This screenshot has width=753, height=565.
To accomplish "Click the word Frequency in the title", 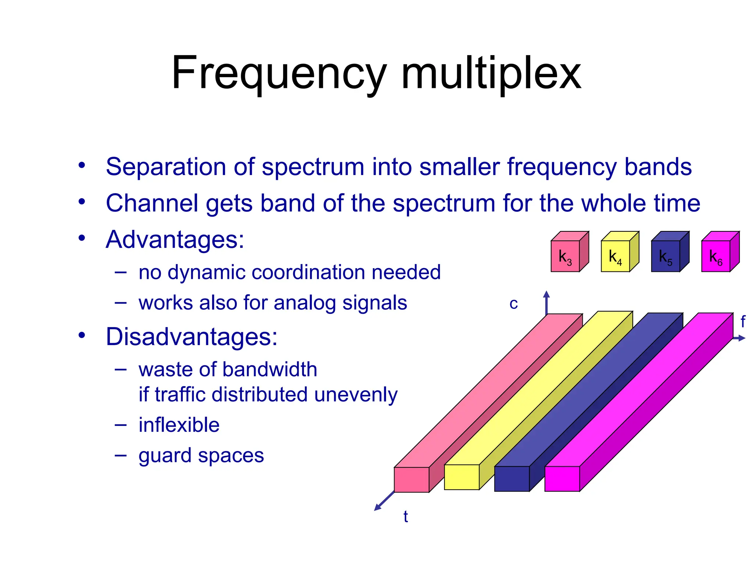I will pyautogui.click(x=279, y=74).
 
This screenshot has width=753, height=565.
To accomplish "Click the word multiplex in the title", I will pyautogui.click(x=491, y=74).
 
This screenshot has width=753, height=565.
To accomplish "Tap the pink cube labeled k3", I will pyautogui.click(x=565, y=256).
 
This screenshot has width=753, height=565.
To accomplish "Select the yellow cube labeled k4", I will pyautogui.click(x=615, y=256).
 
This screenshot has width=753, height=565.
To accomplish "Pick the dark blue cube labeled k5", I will pyautogui.click(x=665, y=256).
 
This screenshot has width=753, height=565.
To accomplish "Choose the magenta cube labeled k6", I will pyautogui.click(x=716, y=256).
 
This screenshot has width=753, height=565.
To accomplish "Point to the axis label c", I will pyautogui.click(x=514, y=304).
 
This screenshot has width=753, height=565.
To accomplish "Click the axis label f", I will pyautogui.click(x=743, y=322).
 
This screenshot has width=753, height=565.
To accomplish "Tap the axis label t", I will pyautogui.click(x=406, y=516).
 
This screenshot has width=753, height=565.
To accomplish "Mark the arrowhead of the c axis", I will pyautogui.click(x=546, y=294).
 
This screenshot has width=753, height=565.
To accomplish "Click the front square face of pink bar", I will pyautogui.click(x=411, y=480).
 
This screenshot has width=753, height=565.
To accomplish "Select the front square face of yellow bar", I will pyautogui.click(x=462, y=477).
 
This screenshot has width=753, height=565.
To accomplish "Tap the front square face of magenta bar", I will pyautogui.click(x=562, y=479).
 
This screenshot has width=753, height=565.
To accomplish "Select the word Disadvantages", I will pyautogui.click(x=191, y=337).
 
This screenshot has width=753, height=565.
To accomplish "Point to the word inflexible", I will pyautogui.click(x=179, y=425).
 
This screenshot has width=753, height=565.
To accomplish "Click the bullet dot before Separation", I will pyautogui.click(x=82, y=165).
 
